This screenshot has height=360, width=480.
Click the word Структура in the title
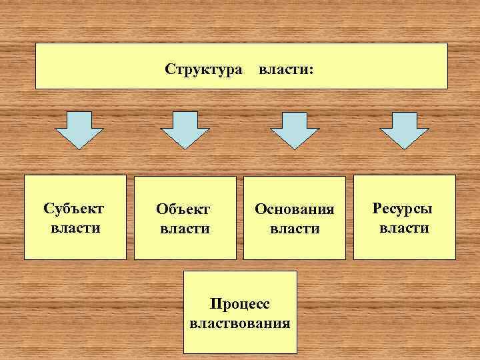[203, 68]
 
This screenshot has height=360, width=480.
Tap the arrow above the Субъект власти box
[78, 129]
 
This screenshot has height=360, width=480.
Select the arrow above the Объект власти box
[185, 129]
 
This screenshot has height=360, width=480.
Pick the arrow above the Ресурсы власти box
[403, 129]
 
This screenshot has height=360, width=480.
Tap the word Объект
[183, 209]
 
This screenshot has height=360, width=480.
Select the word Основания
[294, 209]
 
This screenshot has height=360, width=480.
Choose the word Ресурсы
[403, 208]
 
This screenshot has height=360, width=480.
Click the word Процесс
[240, 305]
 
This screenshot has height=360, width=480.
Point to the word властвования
[240, 325]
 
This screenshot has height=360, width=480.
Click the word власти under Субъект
[75, 228]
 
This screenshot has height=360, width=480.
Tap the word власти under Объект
[185, 229]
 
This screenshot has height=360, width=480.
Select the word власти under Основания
[294, 229]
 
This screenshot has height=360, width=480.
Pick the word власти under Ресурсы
[404, 228]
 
